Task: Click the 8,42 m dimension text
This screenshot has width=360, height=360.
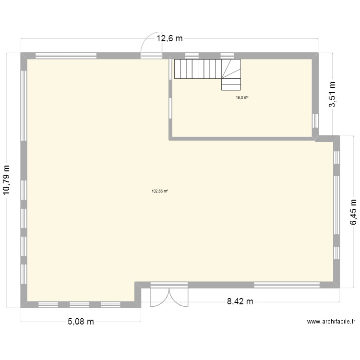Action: (240, 301)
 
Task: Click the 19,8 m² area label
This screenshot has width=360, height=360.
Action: (242, 97)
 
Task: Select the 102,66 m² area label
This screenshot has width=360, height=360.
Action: (159, 191)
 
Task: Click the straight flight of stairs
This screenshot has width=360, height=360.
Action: (197, 68)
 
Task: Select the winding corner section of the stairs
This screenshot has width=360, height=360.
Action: (231, 75)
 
